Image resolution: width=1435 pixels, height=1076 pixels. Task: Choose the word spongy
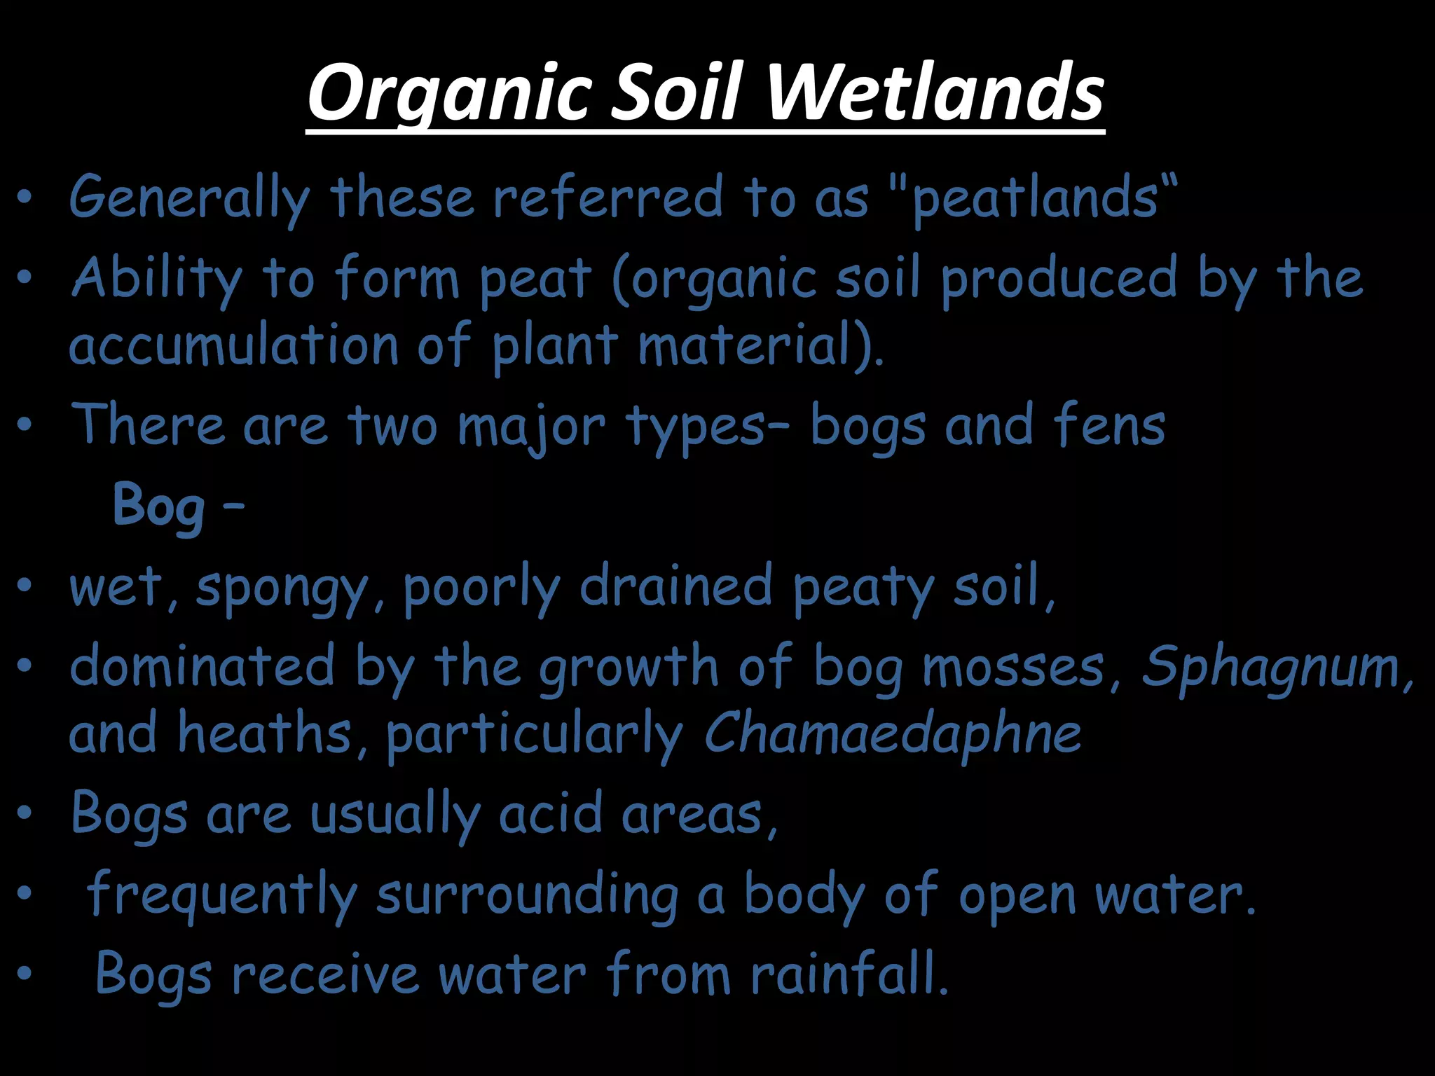(x=282, y=588)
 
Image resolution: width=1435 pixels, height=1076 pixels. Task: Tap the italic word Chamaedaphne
(x=892, y=733)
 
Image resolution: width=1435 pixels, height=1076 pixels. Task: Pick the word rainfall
(x=849, y=974)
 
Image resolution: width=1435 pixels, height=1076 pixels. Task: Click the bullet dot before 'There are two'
(x=25, y=425)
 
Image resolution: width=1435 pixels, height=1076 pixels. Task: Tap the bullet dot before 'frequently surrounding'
(x=25, y=893)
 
